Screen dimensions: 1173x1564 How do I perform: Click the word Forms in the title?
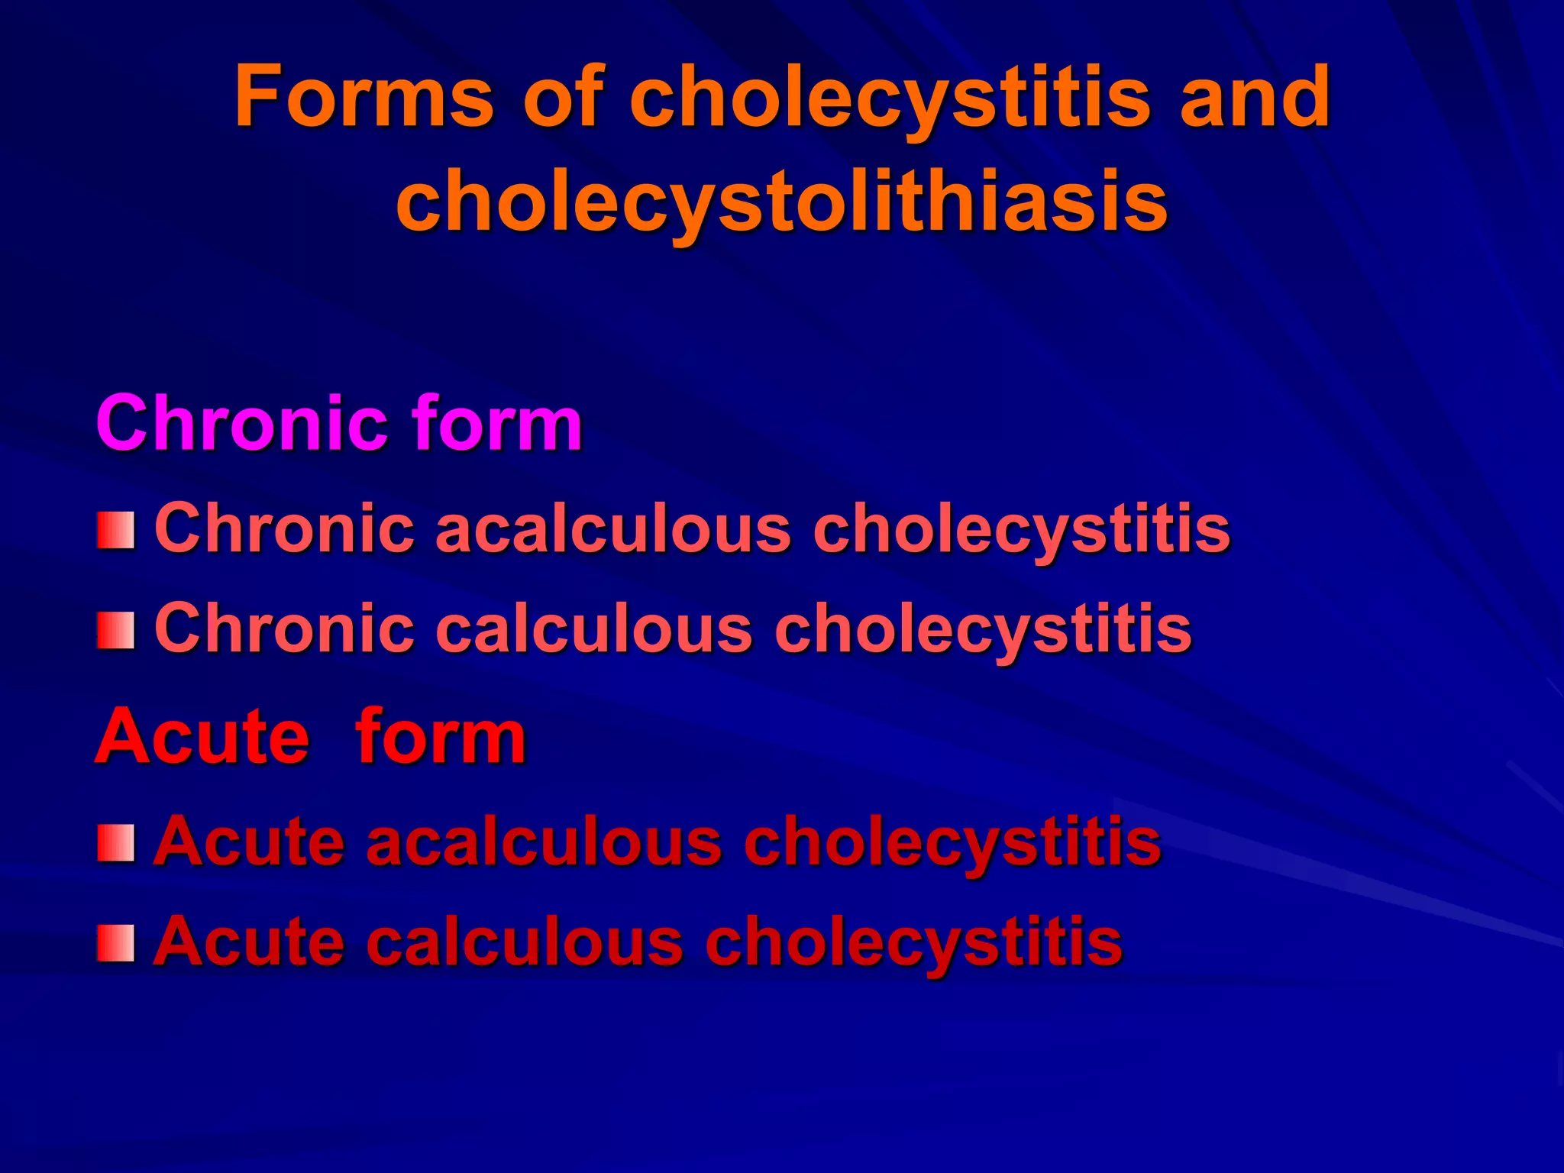tap(365, 97)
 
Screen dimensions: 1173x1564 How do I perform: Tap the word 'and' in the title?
tap(1255, 97)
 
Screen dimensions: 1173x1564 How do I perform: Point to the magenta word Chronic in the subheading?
tap(242, 423)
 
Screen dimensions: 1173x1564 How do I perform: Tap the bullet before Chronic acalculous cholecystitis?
tap(116, 531)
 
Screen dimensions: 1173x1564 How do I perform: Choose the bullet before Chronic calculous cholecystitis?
tap(116, 631)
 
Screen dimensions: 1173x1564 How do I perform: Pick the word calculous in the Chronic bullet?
tap(593, 629)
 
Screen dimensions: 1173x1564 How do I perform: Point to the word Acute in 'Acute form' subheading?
tap(202, 736)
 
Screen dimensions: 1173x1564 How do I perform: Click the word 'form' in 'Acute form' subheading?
tap(441, 736)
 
